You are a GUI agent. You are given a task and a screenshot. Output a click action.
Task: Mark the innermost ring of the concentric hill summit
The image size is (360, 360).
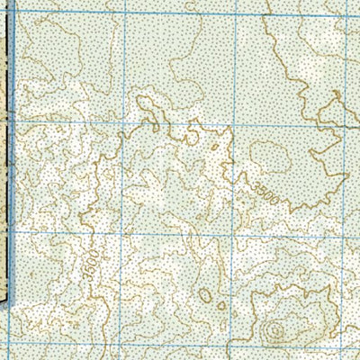[x=275, y=332]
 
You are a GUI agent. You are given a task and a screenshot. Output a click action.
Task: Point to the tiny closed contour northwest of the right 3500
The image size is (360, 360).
[x=214, y=147]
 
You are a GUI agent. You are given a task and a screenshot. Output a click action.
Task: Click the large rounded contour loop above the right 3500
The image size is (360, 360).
[x=270, y=157]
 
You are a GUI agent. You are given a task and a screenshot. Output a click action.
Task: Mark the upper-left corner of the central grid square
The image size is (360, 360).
[x=122, y=121]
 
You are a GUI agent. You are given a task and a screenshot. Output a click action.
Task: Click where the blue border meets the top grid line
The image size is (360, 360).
[x=18, y=10]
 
